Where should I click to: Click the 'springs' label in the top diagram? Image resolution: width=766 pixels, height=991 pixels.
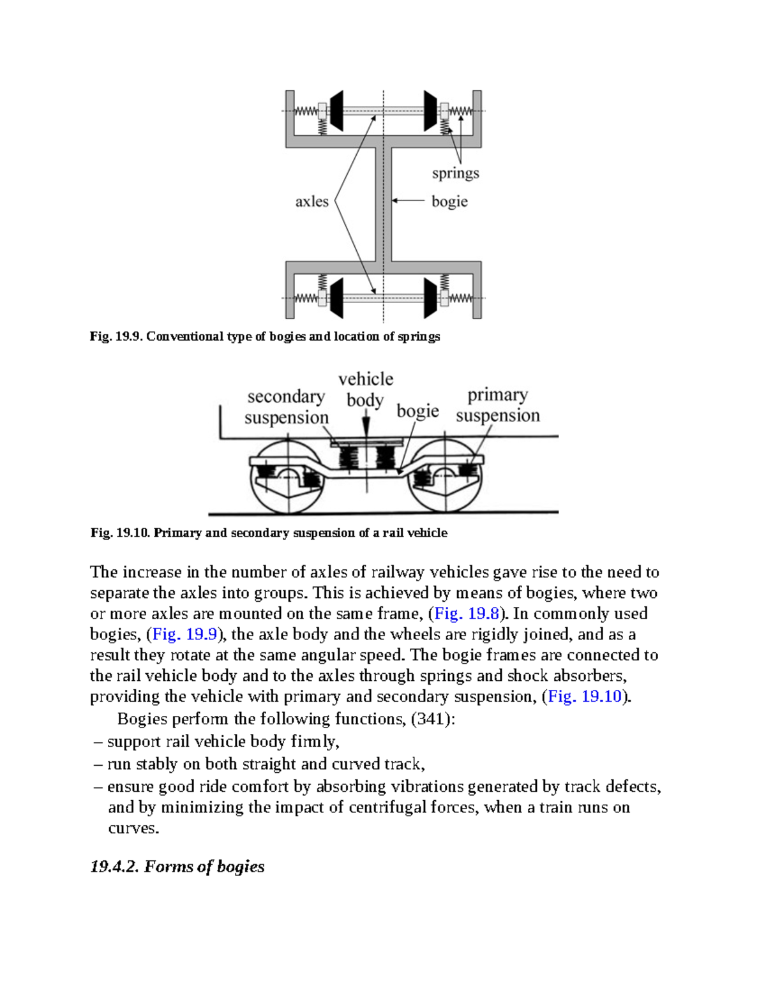pyautogui.click(x=455, y=174)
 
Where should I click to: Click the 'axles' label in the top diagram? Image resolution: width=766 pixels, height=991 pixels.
pyautogui.click(x=312, y=202)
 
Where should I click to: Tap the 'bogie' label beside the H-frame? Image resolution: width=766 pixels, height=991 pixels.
pyautogui.click(x=449, y=202)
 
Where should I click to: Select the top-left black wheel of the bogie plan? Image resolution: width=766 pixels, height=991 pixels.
pyautogui.click(x=336, y=111)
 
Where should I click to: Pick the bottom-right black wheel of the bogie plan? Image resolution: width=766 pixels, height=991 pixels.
pyautogui.click(x=431, y=297)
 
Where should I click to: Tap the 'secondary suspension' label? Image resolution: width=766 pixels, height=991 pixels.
pyautogui.click(x=286, y=406)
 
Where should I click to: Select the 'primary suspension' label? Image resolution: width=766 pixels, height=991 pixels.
pyautogui.click(x=498, y=405)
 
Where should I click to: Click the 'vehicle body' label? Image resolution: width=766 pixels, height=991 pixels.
pyautogui.click(x=365, y=389)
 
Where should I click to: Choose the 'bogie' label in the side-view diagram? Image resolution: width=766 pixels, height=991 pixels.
pyautogui.click(x=417, y=411)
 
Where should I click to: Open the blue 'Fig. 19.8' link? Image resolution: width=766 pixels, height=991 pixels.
pyautogui.click(x=466, y=614)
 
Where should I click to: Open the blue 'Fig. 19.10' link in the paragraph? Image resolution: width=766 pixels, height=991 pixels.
pyautogui.click(x=585, y=696)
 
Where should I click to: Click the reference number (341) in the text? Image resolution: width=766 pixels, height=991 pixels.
pyautogui.click(x=431, y=719)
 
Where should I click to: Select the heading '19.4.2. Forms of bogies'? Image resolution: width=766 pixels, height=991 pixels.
pyautogui.click(x=177, y=867)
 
